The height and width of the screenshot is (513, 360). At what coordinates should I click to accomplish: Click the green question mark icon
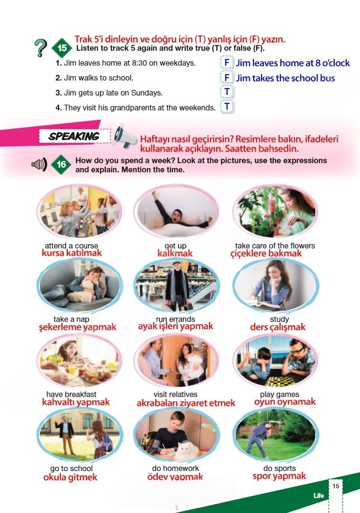coord(40,48)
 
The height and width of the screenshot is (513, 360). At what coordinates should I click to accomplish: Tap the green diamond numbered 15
coord(62,48)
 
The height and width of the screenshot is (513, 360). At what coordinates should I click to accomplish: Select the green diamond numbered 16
coord(61,164)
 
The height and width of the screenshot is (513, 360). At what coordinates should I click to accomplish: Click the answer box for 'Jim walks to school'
coord(227,78)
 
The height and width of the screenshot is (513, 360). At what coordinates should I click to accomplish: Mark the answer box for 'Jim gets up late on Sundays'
coord(227,92)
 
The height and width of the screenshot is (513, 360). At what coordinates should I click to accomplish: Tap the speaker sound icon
coord(39,164)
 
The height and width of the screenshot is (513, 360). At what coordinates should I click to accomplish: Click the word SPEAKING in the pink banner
coord(74,136)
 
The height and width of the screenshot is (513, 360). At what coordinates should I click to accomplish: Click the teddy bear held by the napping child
coord(82,291)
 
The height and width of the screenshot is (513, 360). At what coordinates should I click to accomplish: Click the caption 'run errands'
coord(176,319)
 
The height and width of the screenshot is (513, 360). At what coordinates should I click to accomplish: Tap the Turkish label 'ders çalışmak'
coord(278,327)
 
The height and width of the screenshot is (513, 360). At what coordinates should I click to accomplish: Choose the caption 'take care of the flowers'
coord(275,246)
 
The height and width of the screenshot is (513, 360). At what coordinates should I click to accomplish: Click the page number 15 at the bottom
coord(336,486)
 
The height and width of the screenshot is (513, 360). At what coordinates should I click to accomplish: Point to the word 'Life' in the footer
coord(319,495)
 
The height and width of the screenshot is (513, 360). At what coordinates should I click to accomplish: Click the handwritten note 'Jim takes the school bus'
coord(285,78)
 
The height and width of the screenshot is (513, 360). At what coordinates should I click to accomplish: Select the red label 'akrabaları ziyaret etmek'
coord(186,403)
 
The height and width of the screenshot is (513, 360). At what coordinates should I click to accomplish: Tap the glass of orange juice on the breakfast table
coord(71,369)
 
